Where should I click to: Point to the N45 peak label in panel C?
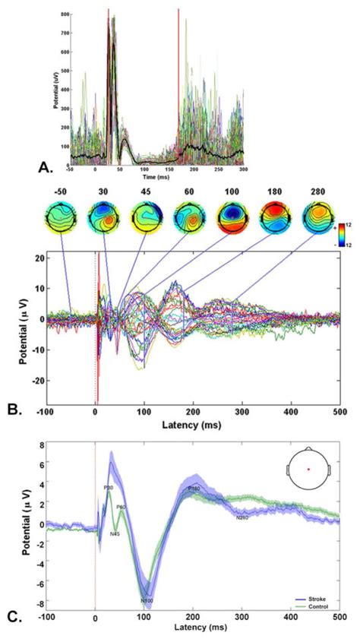[x=115, y=533]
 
